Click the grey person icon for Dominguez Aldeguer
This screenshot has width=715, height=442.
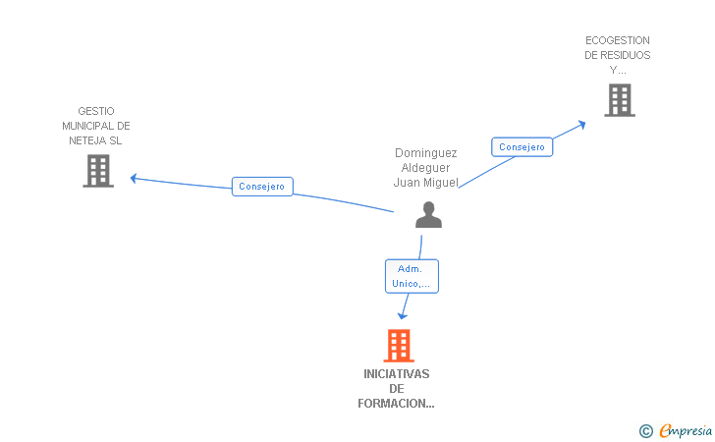(428, 214)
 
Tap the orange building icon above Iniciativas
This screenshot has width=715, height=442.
(398, 346)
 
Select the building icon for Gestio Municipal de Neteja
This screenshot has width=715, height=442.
(97, 171)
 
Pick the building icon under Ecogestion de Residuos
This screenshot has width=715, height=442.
(619, 100)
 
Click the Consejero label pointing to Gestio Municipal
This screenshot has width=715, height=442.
(262, 187)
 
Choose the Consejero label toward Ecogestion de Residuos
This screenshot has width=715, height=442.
(522, 147)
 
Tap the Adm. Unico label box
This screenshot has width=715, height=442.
(412, 276)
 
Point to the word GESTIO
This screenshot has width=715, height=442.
(96, 111)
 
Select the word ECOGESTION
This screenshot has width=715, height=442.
(618, 40)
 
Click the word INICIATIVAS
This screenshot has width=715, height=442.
(397, 374)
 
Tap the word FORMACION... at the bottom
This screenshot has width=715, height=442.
(397, 404)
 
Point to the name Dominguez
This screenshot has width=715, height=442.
(426, 153)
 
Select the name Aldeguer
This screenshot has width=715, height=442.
(426, 167)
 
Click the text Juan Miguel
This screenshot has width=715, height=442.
(426, 182)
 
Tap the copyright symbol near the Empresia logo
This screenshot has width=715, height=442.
(645, 430)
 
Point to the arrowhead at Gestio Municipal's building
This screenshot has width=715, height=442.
(134, 178)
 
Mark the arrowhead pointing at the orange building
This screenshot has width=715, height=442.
(402, 315)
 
